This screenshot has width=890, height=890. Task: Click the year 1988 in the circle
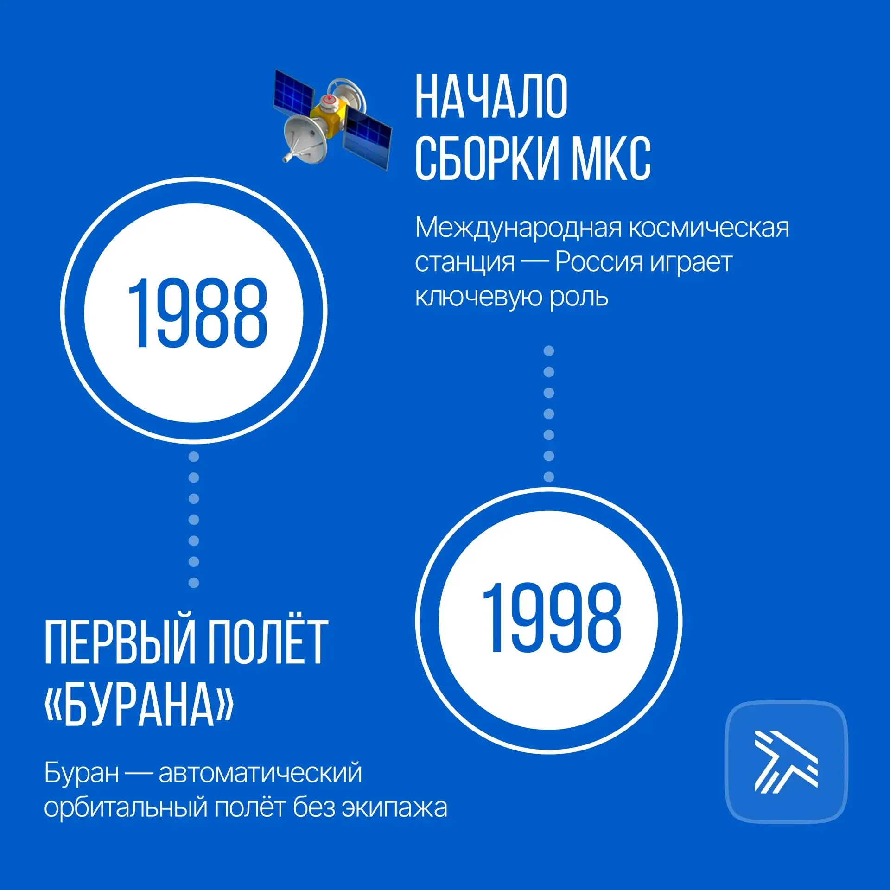[x=197, y=313]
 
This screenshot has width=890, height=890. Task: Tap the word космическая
[x=709, y=228]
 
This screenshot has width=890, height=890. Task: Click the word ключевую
[x=478, y=297]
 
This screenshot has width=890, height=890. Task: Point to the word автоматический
[x=260, y=773]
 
